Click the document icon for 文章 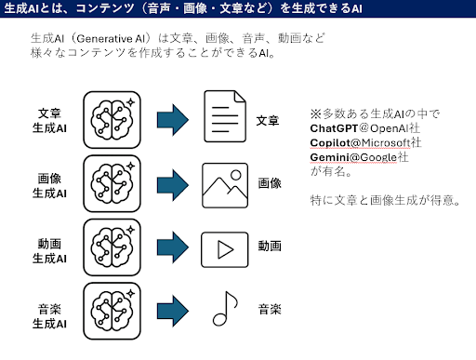[x=225, y=116]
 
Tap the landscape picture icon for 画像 [x=225, y=185]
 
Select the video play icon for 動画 [x=225, y=249]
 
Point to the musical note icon [x=225, y=309]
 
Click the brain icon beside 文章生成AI [x=112, y=120]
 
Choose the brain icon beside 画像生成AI [x=112, y=183]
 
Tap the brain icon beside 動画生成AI [x=112, y=247]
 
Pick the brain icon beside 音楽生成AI [x=112, y=311]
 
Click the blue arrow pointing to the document [x=173, y=120]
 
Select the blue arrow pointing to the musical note [x=173, y=311]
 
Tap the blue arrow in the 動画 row [x=173, y=247]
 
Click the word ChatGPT [x=334, y=128]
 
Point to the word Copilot [x=330, y=143]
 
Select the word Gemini [x=330, y=157]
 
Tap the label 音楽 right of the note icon [x=270, y=309]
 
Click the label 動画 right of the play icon [x=270, y=246]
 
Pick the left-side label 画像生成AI [x=49, y=186]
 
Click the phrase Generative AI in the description [x=111, y=39]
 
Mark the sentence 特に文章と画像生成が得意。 [x=385, y=200]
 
